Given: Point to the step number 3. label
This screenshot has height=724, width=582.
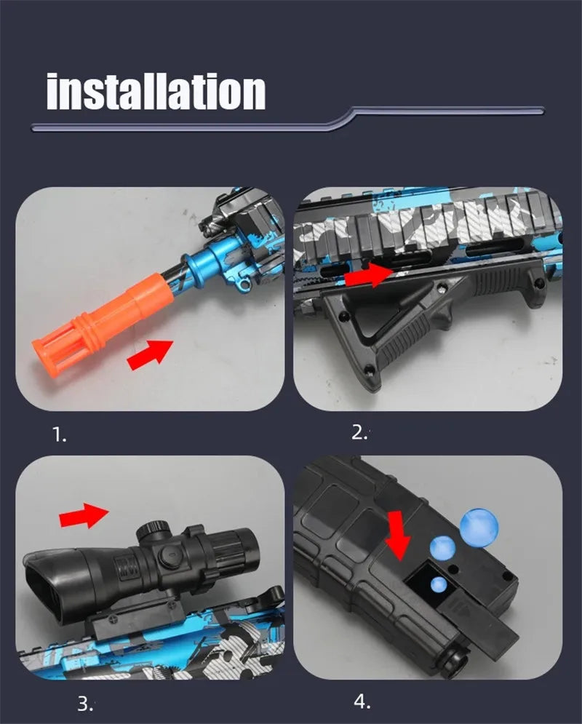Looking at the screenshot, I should click(86, 704).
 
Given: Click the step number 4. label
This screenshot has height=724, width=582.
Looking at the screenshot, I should click(362, 701).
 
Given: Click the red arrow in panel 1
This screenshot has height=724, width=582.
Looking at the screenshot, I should click(150, 354).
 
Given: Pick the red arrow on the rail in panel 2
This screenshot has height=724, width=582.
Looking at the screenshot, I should click(369, 275).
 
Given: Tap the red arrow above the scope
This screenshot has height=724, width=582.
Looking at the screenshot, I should click(84, 515).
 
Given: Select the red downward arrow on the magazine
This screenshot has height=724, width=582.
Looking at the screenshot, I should click(398, 535).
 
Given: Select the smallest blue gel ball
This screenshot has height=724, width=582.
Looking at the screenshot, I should click(438, 584).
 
